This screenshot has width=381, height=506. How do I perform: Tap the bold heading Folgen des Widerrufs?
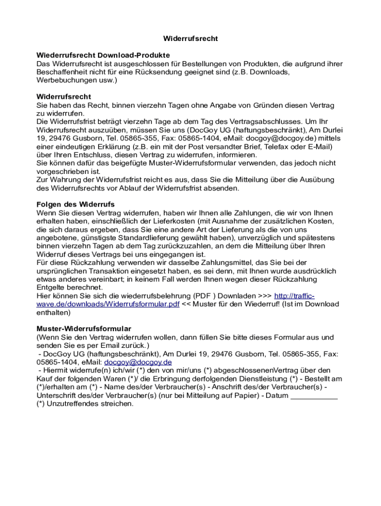76,204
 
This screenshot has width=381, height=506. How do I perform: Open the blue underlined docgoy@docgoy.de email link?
138,362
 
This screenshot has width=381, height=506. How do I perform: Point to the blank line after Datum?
314,395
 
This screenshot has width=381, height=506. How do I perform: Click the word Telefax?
267,146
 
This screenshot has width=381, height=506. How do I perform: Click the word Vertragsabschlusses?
265,122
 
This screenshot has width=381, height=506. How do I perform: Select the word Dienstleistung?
261,379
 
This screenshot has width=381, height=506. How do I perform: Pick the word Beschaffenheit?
65,72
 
